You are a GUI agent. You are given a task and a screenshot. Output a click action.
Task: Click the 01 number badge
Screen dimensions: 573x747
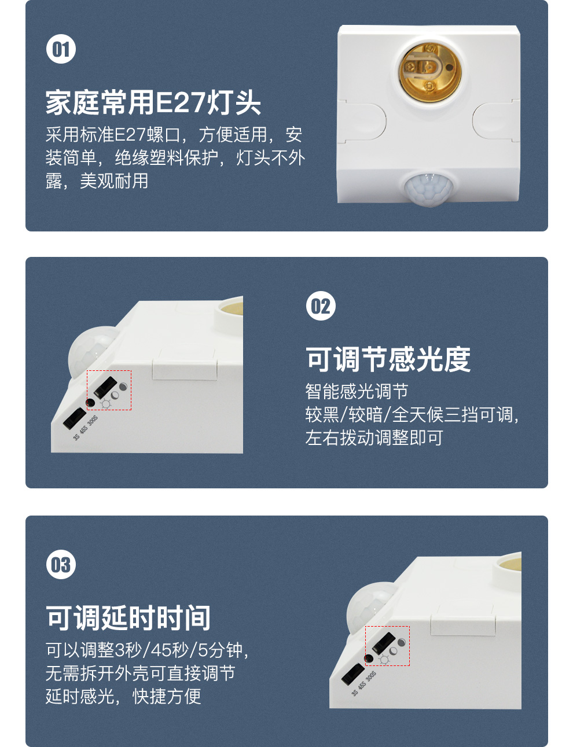(61, 49)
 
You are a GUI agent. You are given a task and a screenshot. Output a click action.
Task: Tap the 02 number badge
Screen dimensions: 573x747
(320, 306)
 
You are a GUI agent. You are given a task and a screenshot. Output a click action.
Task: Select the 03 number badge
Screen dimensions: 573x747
(61, 565)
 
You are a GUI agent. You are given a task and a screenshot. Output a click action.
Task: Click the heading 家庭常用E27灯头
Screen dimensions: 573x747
(153, 102)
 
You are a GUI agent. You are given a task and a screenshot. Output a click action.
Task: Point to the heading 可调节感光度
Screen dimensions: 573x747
(388, 359)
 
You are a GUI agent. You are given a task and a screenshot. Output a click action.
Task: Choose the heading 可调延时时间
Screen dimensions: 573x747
(128, 618)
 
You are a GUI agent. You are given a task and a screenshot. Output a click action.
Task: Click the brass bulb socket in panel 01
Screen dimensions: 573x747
(429, 72)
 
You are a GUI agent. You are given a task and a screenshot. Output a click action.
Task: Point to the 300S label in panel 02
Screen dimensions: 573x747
(93, 421)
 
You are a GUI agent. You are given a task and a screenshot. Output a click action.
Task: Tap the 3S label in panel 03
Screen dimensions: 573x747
(354, 692)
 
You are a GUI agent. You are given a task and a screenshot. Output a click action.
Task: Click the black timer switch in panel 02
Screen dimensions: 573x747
(74, 418)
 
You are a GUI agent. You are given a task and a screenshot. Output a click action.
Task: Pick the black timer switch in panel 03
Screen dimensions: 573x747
(352, 674)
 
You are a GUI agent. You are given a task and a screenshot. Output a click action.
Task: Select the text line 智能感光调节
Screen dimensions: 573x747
(357, 391)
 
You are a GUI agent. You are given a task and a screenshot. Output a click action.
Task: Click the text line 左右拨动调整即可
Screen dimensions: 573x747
(374, 437)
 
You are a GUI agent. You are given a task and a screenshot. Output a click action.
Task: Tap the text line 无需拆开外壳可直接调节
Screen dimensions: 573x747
(140, 673)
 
